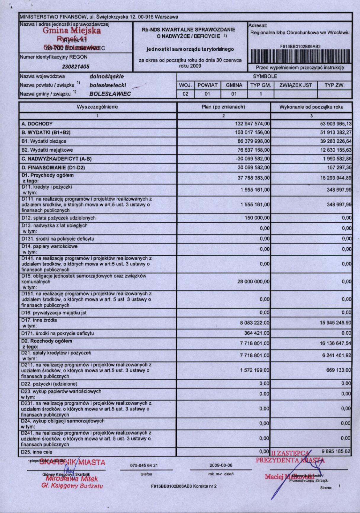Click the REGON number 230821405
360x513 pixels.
[x=76, y=67]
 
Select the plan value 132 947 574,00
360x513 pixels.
[x=252, y=124]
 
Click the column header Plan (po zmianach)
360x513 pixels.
[x=224, y=107]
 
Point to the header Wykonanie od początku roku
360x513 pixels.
[x=311, y=107]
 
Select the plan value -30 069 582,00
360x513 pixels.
[x=253, y=159]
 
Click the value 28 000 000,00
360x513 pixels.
[x=253, y=282]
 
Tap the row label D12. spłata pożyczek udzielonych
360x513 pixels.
[x=58, y=218]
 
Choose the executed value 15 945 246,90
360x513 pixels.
[x=335, y=323]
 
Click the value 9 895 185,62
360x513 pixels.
[x=336, y=451]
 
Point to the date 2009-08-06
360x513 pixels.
[x=221, y=465]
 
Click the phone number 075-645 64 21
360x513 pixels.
[x=144, y=465]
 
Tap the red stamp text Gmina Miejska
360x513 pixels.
[x=72, y=31]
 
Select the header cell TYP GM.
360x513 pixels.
[x=261, y=85]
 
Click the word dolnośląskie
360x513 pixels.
[x=107, y=77]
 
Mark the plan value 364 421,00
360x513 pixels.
[x=257, y=334]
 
